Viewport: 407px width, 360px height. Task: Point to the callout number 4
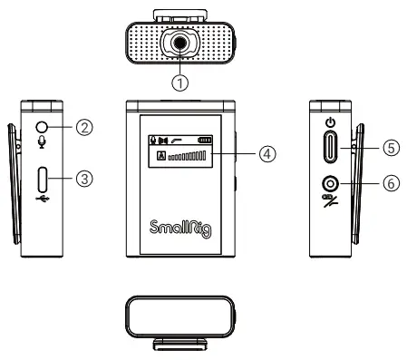(x=266, y=153)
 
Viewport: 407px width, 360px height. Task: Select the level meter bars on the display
(x=188, y=157)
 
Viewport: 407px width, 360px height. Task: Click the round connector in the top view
(x=180, y=43)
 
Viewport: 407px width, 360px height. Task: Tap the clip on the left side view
(x=18, y=181)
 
